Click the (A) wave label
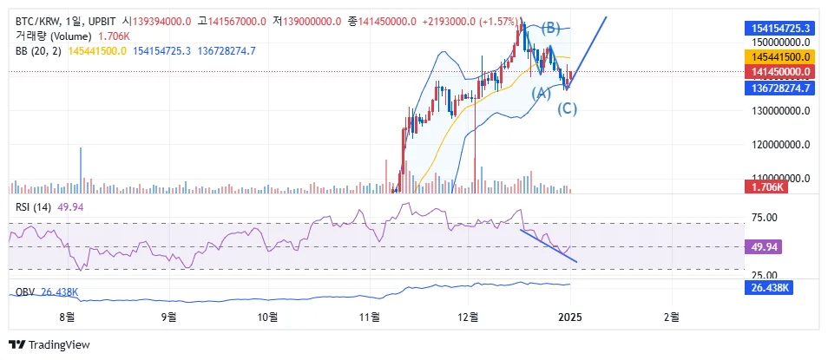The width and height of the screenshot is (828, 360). point(541,93)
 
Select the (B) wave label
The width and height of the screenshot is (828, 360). point(551,28)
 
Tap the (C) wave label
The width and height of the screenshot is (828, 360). point(567,108)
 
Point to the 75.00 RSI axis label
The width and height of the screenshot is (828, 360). point(765,218)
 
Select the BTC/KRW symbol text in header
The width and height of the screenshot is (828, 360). point(37,21)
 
